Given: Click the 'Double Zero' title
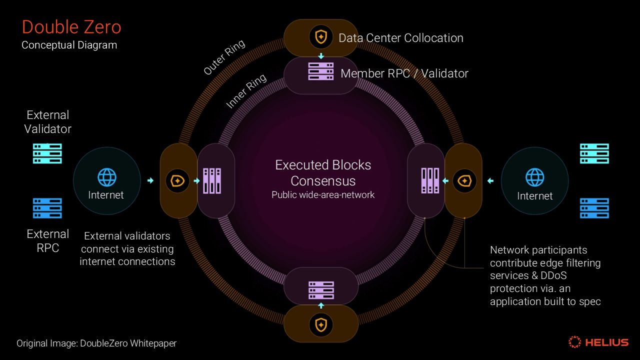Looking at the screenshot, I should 71,26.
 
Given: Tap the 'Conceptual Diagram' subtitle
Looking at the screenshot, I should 69,45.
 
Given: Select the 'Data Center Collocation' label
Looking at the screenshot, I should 400,38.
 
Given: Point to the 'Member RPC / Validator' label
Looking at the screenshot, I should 404,73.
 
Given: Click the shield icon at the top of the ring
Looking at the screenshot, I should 320,36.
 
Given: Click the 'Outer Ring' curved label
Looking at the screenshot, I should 224,57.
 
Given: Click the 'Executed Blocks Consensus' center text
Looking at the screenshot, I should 323,172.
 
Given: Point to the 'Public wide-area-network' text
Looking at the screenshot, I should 323,195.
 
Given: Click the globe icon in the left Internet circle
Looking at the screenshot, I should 106,177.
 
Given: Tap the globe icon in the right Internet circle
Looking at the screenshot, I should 534,177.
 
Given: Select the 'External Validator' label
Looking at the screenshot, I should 48,122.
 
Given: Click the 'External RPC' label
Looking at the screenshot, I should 48,241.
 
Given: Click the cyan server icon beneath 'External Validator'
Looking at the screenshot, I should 47,153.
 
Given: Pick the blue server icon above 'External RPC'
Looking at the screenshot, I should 47,208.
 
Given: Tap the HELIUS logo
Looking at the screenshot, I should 598,342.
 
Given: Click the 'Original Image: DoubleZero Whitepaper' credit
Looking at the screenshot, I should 96,343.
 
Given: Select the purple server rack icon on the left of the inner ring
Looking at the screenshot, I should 212,181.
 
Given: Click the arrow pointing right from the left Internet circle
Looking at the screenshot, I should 150,180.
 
